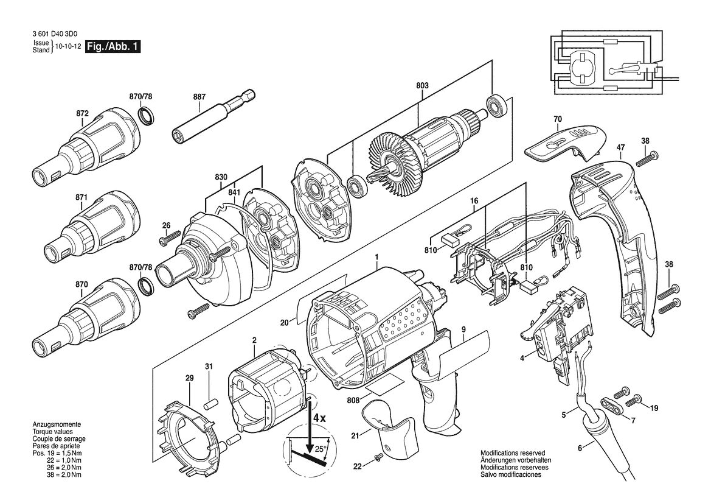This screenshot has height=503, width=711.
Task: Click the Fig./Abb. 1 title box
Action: tap(113, 46)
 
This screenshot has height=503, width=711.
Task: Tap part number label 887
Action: tap(199, 97)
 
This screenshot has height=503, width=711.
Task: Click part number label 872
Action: tap(82, 113)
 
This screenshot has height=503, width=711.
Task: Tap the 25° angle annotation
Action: tap(321, 449)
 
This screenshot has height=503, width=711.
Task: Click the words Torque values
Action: tap(52, 432)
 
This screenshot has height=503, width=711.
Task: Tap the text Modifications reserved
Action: tap(513, 453)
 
